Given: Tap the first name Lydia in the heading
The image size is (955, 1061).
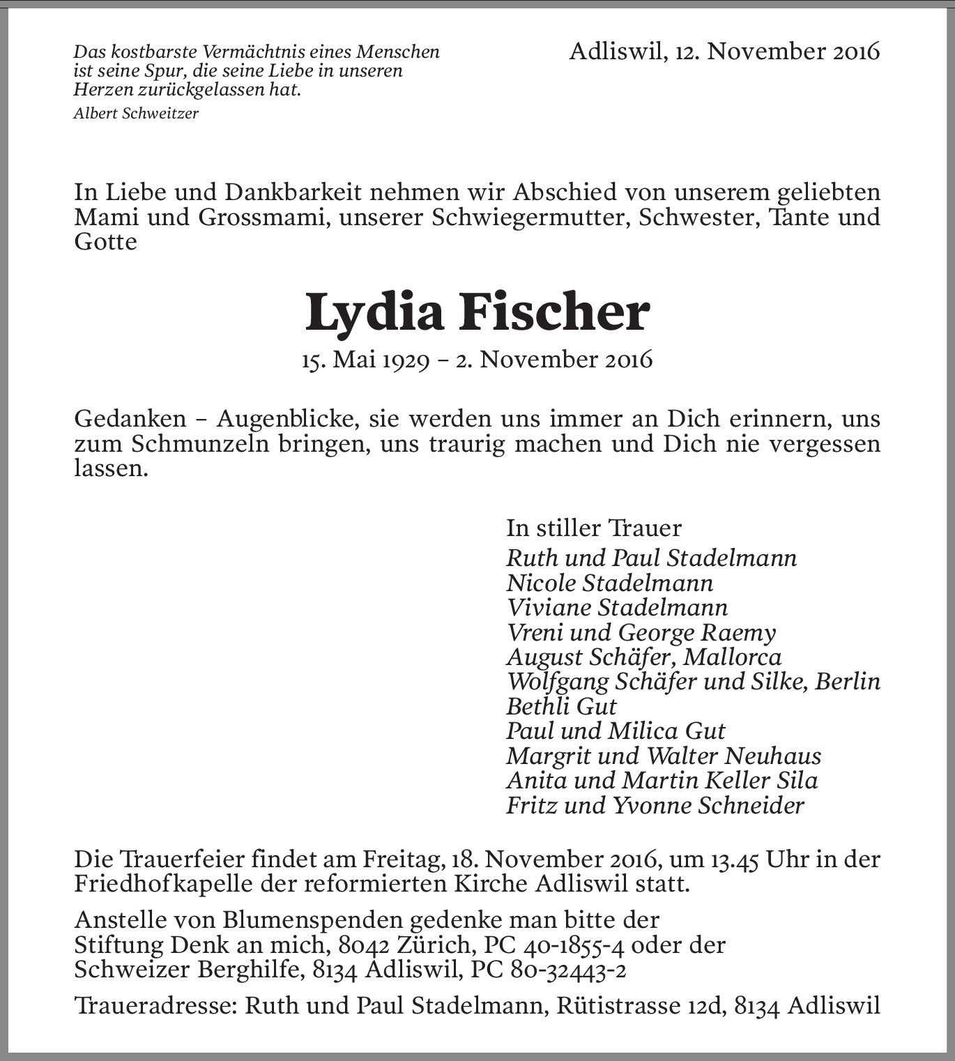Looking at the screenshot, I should coord(375,313).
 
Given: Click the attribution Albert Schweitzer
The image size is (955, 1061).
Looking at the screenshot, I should coord(136,114).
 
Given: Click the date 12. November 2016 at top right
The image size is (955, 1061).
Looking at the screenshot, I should coord(777,51).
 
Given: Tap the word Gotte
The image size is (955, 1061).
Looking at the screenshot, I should coord(105,241).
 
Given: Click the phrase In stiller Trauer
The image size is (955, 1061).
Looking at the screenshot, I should coord(593,528).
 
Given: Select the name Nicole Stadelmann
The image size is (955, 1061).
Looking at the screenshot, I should coord(610,583).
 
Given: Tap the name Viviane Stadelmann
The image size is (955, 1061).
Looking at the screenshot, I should coord(617,607).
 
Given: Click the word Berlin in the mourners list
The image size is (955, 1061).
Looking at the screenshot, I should coord(848,681).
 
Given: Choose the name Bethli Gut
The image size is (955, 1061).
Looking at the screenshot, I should coord(561,706).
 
